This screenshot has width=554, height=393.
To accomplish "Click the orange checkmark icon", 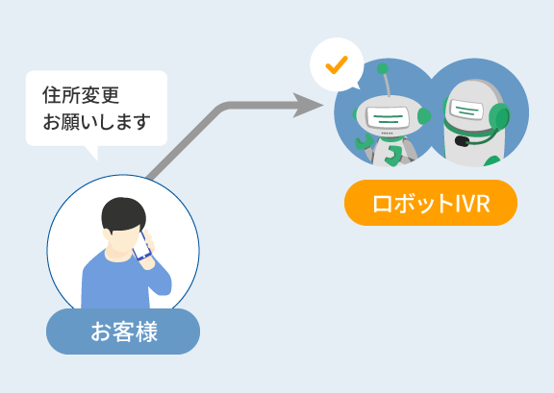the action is (337, 65).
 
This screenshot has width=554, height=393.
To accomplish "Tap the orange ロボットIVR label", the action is (431, 203).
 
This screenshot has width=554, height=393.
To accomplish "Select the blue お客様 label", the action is (123, 332).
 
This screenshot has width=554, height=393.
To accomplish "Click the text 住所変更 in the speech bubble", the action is (81, 95).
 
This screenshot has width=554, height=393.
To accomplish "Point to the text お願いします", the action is (97, 122).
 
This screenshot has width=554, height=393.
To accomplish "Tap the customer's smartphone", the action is (141, 246).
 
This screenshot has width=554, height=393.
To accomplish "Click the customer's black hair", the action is (124, 214).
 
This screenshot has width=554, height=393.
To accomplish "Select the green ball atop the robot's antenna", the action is (382, 69).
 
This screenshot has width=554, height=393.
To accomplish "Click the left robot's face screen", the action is (388, 116).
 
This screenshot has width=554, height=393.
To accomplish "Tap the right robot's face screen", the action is (466, 110).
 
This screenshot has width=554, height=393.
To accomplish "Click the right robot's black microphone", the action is (462, 141).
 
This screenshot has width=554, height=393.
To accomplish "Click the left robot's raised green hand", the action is (364, 141).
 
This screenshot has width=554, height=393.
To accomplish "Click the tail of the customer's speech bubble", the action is (92, 152).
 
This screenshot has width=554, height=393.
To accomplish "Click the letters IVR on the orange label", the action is (473, 204).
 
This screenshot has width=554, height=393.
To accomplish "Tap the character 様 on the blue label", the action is (146, 332).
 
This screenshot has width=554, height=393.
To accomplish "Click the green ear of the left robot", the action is (424, 116).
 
